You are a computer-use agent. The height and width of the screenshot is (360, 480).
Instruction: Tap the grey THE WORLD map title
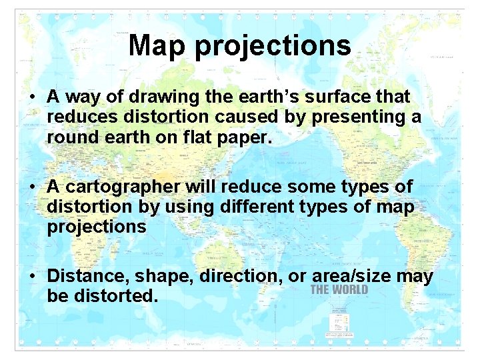point(339,290)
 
